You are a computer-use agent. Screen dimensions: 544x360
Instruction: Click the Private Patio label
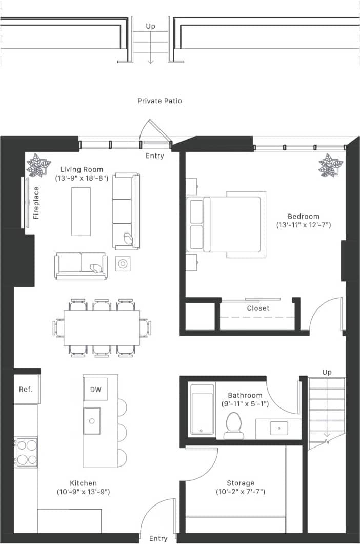click(x=159, y=101)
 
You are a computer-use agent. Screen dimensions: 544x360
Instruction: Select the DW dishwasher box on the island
click(x=95, y=390)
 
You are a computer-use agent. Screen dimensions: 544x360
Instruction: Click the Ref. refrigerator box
click(x=26, y=389)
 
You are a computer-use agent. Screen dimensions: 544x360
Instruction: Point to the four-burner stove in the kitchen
click(x=26, y=452)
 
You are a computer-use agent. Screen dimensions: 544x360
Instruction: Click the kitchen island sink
click(x=92, y=421)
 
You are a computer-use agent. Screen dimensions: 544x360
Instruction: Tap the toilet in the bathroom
click(x=234, y=426)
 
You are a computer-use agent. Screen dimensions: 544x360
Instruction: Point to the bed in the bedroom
click(x=226, y=225)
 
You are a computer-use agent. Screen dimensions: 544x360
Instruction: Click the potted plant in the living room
click(x=38, y=165)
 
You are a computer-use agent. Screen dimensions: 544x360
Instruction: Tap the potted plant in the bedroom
click(x=330, y=165)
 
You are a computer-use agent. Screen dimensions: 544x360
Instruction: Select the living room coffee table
click(x=81, y=211)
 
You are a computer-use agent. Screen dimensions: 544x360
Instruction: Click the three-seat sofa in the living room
click(x=126, y=211)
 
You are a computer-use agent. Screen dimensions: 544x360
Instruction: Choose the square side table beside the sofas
click(x=123, y=264)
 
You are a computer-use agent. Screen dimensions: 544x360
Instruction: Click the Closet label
click(x=258, y=308)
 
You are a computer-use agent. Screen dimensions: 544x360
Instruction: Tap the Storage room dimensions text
click(x=241, y=492)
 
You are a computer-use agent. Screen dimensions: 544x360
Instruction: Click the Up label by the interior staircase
click(x=327, y=372)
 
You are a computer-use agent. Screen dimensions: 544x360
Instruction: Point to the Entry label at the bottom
click(x=158, y=538)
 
